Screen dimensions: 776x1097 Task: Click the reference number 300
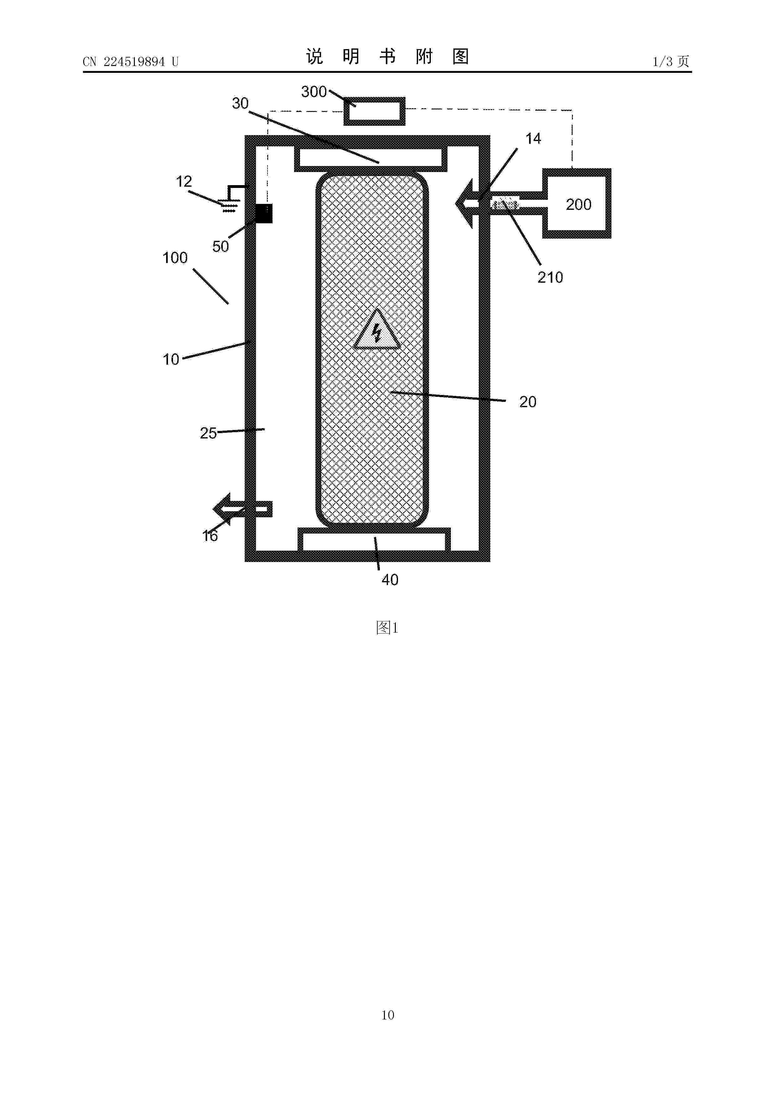click(314, 92)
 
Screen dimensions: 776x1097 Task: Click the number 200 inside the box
click(579, 205)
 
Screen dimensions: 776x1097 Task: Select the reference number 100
click(175, 258)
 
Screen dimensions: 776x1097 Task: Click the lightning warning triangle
click(377, 330)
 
